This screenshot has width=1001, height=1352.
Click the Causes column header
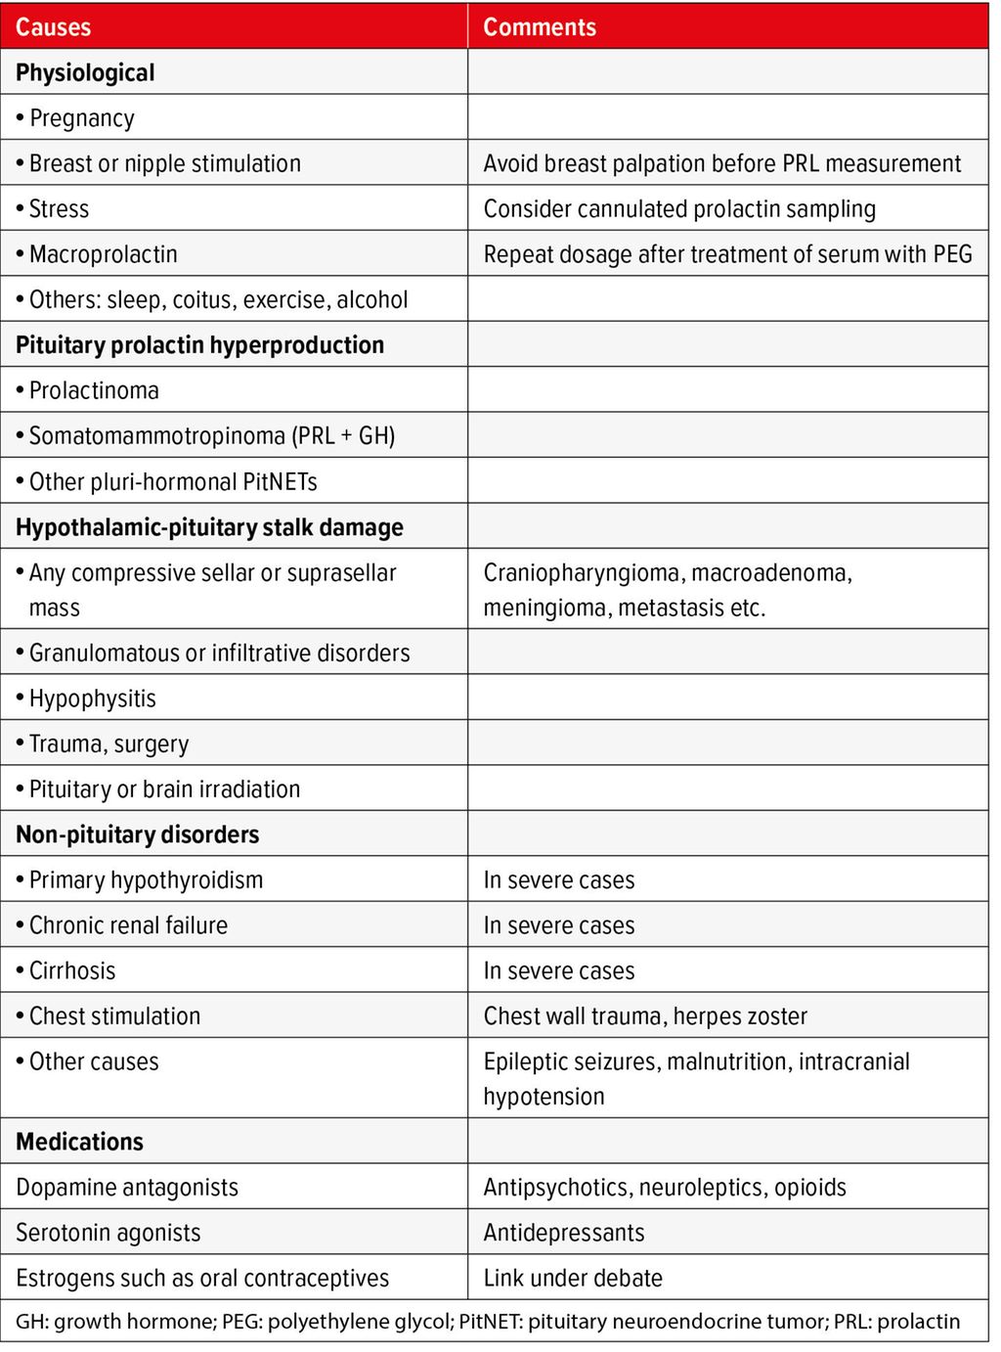coord(54,26)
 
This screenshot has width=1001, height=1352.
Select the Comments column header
coord(540,26)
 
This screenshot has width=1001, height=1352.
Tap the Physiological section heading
coord(85,72)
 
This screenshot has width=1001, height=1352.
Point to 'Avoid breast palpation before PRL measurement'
coord(722,163)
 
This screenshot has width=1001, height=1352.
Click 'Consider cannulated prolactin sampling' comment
coord(679,208)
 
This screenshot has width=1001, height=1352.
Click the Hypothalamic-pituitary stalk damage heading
coord(209,527)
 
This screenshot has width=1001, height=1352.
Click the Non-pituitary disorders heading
coord(138,834)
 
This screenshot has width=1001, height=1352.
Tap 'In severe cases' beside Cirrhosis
coord(559,970)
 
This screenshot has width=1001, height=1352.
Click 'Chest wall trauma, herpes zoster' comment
coord(645,1015)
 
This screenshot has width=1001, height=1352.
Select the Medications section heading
coord(79,1142)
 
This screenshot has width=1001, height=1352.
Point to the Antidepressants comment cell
coord(564,1233)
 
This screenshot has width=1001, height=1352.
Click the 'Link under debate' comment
coord(573,1278)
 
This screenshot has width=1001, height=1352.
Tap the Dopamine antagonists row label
coord(127,1187)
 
